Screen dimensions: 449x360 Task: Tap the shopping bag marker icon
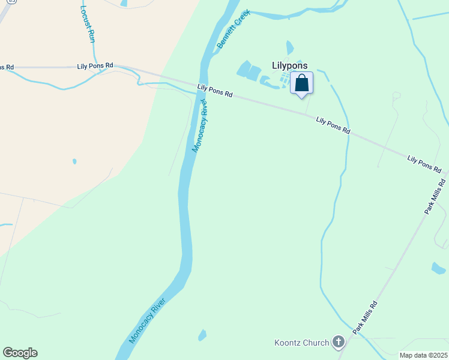tap(301, 83)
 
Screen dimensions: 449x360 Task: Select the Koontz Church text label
tap(301, 343)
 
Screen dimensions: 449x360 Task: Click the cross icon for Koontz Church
tap(339, 343)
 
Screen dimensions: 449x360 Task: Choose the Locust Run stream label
tap(88, 24)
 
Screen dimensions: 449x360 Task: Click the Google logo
tap(20, 353)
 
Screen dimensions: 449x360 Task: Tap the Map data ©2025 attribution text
tap(423, 355)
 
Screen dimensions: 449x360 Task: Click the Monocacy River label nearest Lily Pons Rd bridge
tap(200, 127)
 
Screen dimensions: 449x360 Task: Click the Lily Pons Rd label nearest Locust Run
tap(95, 65)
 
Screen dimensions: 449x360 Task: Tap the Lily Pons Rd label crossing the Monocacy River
tap(214, 91)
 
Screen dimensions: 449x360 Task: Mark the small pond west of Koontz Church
tap(202, 335)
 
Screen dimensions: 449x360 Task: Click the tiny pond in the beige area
tap(74, 161)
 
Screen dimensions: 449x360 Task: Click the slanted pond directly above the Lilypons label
tap(291, 47)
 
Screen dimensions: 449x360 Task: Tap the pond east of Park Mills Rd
tap(438, 268)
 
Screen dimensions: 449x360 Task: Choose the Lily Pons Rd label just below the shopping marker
tap(333, 125)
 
